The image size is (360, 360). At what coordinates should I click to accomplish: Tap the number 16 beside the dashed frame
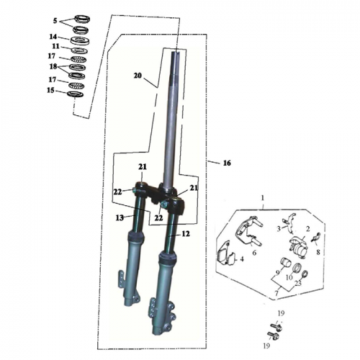[x=227, y=164]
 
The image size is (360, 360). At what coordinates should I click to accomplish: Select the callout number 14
[x=53, y=37]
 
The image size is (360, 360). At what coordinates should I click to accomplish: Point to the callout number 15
[x=50, y=90]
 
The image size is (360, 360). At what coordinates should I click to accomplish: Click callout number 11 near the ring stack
[x=55, y=46]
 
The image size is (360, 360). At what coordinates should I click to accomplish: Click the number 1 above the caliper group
[x=263, y=197]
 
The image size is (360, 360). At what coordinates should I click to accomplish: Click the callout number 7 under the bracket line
[x=276, y=294]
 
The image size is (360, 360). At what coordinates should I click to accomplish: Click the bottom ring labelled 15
[x=74, y=94]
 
